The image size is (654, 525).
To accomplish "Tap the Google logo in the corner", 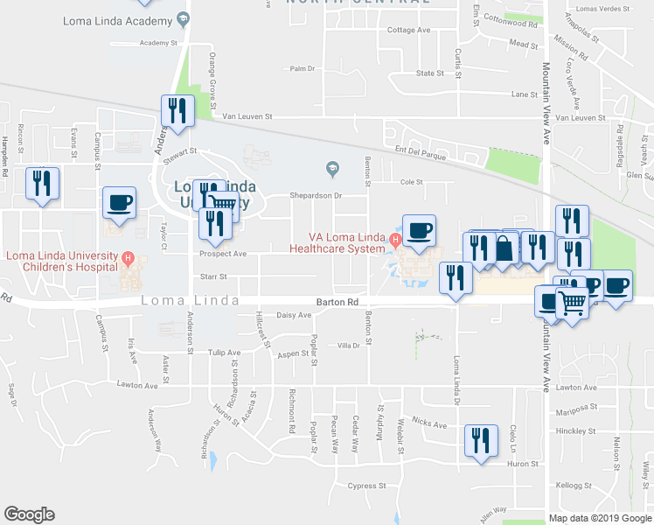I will point(29,514).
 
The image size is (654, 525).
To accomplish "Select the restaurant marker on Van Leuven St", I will point(177,111).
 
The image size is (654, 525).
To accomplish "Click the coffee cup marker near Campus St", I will point(120,203).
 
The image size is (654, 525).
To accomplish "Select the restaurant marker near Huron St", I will point(480,440).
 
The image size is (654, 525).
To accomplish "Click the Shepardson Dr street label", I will point(315,196).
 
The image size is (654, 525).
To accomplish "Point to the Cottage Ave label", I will point(410,30).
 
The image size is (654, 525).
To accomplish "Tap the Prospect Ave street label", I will point(223,254).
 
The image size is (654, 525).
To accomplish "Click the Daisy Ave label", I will point(294,315).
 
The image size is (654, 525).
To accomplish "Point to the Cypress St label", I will point(366,486).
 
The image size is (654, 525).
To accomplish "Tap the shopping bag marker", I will point(505,248).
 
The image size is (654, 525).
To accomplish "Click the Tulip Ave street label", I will point(224,353).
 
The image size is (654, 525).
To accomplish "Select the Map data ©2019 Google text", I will point(600,518).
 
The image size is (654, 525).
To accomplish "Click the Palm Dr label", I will point(303,68).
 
